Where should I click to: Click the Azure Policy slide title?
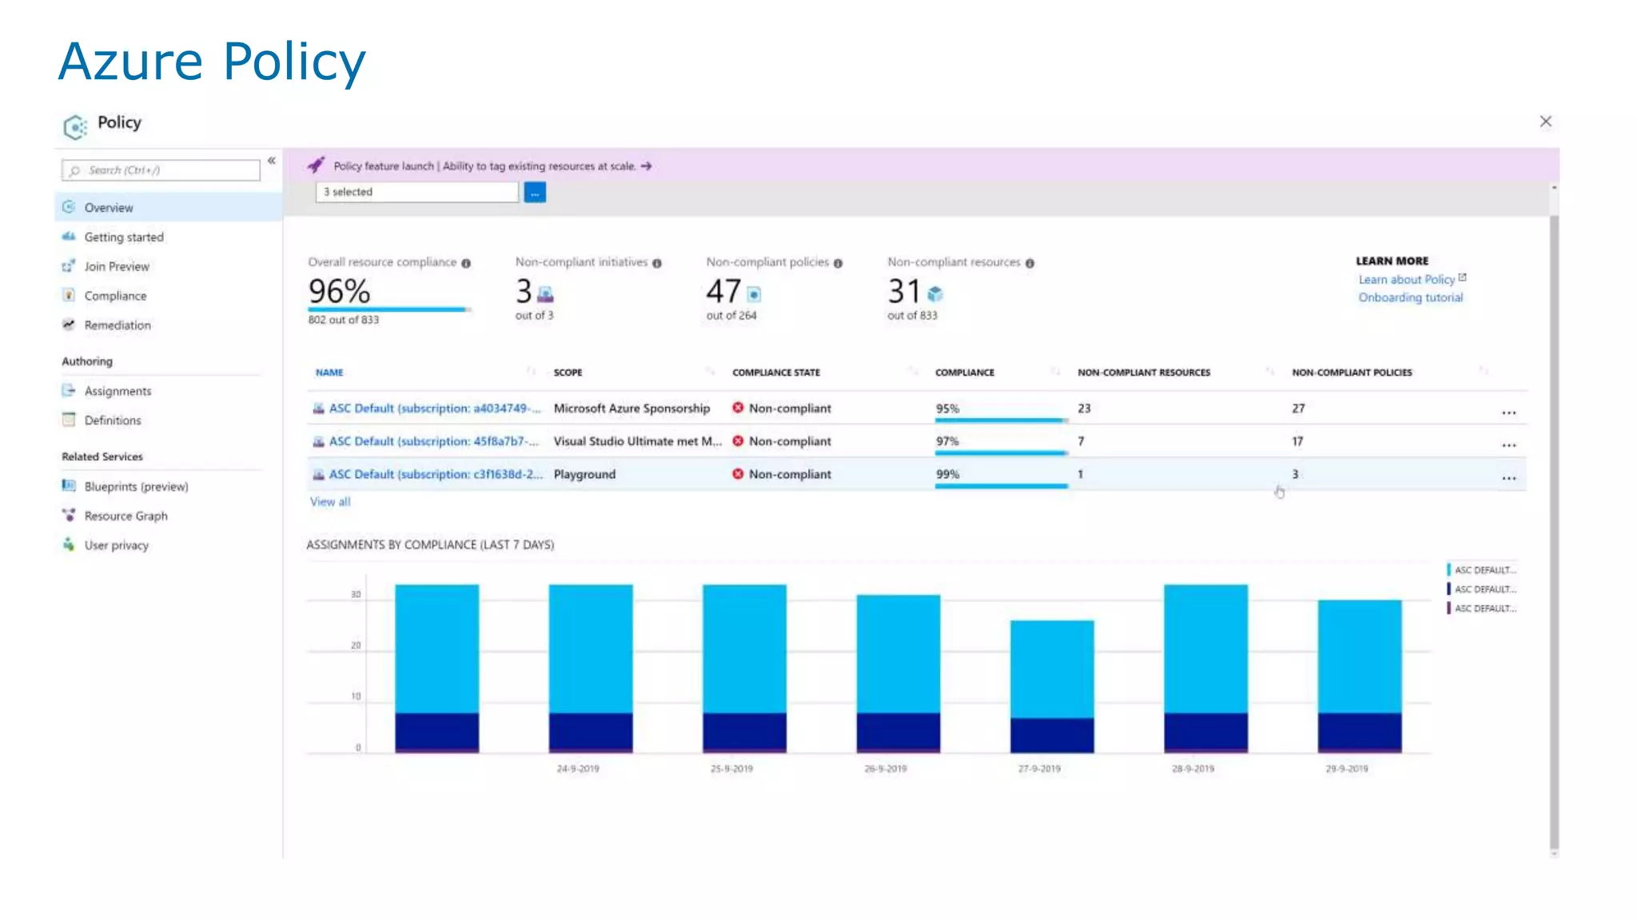click(x=212, y=62)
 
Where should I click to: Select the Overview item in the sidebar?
click(x=109, y=208)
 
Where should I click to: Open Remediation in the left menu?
click(x=117, y=325)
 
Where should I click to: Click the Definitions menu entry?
click(x=112, y=421)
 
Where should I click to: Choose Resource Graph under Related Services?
click(x=125, y=516)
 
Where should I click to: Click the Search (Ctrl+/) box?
click(x=161, y=170)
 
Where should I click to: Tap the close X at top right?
click(x=1545, y=122)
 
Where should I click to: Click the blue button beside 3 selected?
click(x=535, y=193)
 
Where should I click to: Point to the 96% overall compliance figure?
click(x=339, y=291)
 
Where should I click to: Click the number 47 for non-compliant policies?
click(x=723, y=291)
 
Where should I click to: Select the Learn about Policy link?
click(x=1406, y=280)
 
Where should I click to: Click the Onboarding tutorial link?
click(x=1410, y=297)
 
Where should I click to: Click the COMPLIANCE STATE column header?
click(x=775, y=373)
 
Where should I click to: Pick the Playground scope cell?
click(x=584, y=475)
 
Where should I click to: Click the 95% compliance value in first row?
click(x=947, y=409)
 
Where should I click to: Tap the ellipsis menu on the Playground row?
click(x=1508, y=478)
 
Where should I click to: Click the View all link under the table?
click(x=330, y=502)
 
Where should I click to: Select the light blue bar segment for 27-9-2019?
click(x=1052, y=668)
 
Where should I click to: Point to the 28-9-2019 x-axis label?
click(x=1193, y=769)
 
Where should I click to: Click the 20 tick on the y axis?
click(x=356, y=646)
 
